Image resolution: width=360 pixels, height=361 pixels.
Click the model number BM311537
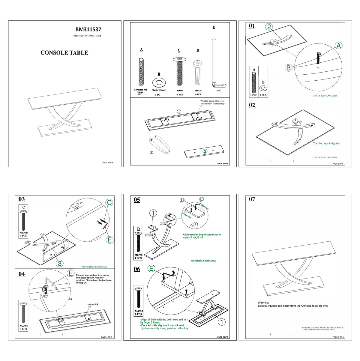88,29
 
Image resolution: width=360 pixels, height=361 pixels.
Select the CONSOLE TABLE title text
64,53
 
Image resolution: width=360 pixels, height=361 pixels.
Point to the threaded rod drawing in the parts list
141,72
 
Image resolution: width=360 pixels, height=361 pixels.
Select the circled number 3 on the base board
205,151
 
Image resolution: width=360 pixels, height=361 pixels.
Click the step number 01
252,26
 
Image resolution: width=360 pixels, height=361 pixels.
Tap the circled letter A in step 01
338,46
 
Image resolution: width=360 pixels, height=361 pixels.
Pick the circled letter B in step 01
288,68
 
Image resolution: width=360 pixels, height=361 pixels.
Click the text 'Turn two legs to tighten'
326,144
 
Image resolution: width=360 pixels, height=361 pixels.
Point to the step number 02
252,105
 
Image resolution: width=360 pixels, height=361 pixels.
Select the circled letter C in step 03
109,203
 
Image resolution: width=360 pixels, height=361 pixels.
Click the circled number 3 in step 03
60,264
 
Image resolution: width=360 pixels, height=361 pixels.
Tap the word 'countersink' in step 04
92,304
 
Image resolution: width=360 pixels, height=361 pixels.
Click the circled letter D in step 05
182,200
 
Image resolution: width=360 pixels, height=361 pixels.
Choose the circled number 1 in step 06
221,322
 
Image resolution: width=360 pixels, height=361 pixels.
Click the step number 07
252,199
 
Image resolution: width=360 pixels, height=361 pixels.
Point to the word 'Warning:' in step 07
263,303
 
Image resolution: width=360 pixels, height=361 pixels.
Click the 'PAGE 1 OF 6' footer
108,163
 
